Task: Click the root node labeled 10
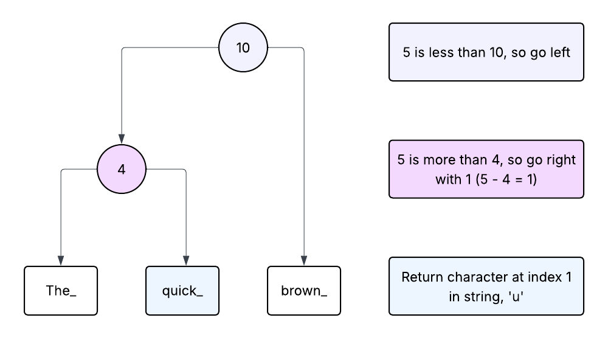pyautogui.click(x=243, y=47)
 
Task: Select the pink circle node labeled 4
pyautogui.click(x=122, y=169)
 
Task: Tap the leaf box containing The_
pyautogui.click(x=61, y=291)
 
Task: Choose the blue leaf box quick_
pyautogui.click(x=182, y=291)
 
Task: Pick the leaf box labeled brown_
pyautogui.click(x=304, y=291)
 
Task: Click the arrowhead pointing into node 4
pyautogui.click(x=122, y=139)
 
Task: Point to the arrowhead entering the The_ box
pyautogui.click(x=61, y=261)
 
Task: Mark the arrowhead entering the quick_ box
pyautogui.click(x=185, y=261)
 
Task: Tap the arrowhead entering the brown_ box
pyautogui.click(x=303, y=261)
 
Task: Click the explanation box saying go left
pyautogui.click(x=486, y=52)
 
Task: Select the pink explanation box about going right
pyautogui.click(x=486, y=169)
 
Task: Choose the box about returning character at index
pyautogui.click(x=486, y=286)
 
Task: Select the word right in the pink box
pyautogui.click(x=560, y=161)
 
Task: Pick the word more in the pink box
pyautogui.click(x=433, y=161)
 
